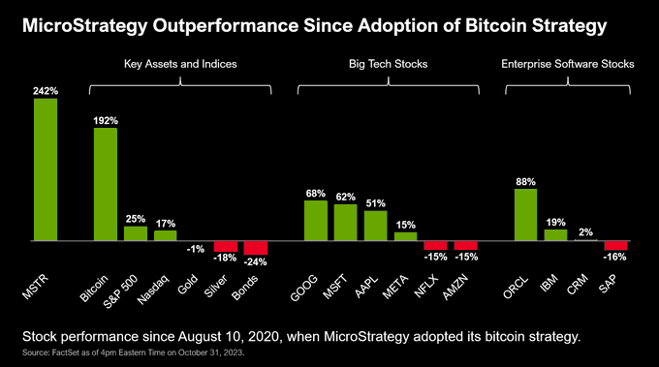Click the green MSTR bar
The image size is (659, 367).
[46, 169]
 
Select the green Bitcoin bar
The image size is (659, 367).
[106, 184]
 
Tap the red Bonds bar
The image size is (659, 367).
[256, 248]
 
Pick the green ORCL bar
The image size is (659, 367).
[526, 215]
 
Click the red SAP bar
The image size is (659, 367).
[615, 246]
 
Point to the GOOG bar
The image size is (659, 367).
[316, 221]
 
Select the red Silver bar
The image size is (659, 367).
[226, 247]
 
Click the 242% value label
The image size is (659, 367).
[46, 91]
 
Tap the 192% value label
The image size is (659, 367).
[106, 121]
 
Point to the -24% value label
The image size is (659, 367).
[256, 262]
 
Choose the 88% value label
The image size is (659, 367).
[526, 182]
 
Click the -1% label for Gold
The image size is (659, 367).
[196, 249]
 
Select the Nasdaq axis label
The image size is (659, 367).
[153, 290]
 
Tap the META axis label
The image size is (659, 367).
[395, 287]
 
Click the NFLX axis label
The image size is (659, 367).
[426, 287]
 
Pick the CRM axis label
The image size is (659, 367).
[577, 285]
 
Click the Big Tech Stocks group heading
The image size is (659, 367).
[389, 64]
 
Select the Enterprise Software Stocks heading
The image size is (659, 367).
[568, 64]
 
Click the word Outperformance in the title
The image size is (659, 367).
[225, 26]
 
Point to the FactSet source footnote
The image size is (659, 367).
[133, 352]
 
